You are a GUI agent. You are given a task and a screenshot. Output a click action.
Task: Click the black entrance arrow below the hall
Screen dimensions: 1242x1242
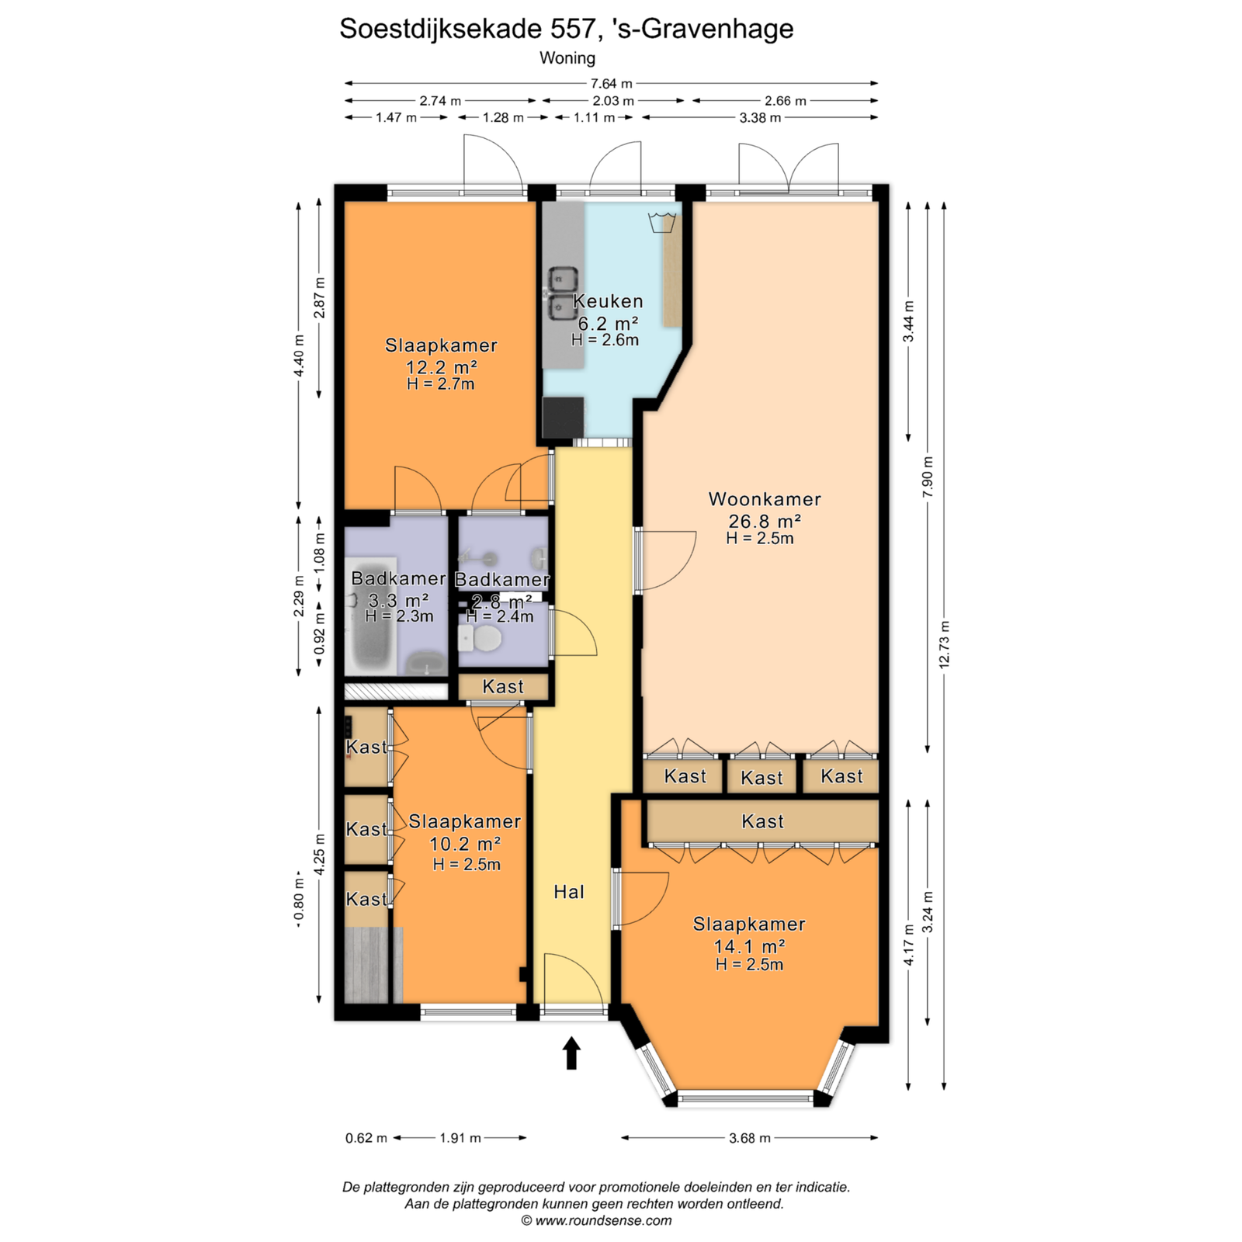click(x=571, y=1053)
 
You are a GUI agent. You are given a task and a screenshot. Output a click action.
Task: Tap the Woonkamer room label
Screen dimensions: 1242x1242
click(x=765, y=499)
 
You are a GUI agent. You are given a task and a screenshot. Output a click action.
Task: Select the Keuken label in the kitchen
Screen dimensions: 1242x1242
click(x=608, y=301)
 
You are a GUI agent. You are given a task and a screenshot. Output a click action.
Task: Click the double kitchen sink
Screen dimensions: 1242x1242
click(x=563, y=293)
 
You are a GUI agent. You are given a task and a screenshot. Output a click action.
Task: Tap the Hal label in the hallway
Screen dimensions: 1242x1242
click(x=569, y=892)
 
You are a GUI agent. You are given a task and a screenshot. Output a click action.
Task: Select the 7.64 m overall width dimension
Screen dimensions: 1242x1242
click(x=612, y=83)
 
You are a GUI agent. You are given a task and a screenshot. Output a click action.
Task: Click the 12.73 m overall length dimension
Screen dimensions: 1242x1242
click(x=944, y=644)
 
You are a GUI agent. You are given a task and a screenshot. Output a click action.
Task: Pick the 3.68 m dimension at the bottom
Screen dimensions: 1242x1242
click(x=750, y=1138)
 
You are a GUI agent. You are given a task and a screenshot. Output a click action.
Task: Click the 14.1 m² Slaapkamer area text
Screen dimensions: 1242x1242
click(x=749, y=946)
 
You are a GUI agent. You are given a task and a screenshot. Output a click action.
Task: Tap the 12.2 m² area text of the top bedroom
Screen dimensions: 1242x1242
click(x=441, y=367)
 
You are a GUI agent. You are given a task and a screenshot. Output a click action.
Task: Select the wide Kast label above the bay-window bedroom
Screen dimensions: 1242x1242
click(x=763, y=821)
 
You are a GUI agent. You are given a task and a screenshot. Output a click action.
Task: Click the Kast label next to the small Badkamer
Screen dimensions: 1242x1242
click(x=503, y=686)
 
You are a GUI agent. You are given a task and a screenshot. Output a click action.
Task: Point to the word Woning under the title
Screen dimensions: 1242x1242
click(x=567, y=58)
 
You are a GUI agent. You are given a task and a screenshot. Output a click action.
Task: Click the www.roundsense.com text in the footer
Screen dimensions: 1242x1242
click(x=603, y=1220)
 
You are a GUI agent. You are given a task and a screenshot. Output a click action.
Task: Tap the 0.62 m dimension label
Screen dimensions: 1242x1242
click(x=366, y=1138)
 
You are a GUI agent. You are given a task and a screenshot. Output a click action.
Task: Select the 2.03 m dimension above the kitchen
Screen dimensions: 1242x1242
click(x=613, y=101)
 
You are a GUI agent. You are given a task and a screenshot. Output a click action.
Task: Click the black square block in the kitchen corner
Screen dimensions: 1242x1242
click(x=563, y=418)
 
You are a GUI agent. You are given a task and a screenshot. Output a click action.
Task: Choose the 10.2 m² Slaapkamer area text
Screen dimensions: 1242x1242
click(x=465, y=844)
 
